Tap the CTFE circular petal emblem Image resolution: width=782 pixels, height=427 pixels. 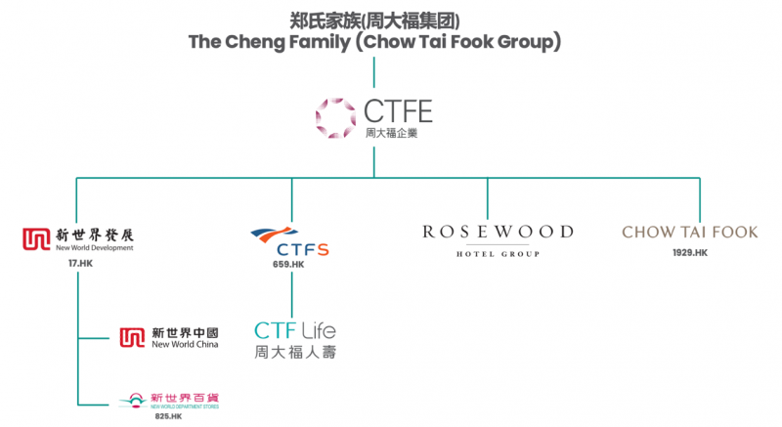335,117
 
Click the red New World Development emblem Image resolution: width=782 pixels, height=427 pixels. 35,238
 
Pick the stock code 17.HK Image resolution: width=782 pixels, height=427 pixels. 80,263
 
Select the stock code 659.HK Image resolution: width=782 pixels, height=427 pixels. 290,264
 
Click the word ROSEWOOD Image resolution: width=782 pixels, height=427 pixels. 498,232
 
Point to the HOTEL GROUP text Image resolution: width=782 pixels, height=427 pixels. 498,254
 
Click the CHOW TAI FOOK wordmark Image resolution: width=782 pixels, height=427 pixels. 689,233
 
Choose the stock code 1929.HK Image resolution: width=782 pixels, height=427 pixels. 689,253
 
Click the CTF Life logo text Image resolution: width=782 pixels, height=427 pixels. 295,330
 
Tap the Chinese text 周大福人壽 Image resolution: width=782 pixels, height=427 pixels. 295,352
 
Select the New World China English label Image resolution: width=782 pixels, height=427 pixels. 185,345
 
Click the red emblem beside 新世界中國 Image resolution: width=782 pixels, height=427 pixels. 132,338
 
